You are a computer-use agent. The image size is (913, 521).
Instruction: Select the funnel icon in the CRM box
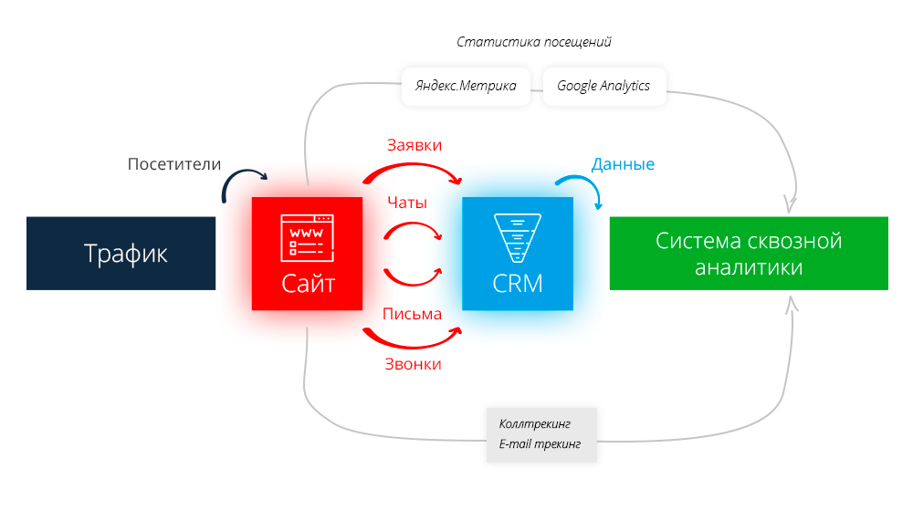[x=517, y=235]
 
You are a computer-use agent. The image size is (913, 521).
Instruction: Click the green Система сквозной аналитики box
[x=749, y=253]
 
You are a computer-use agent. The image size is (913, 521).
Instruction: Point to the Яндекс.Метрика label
[x=466, y=86]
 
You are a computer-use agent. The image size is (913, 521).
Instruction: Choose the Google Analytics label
[x=603, y=86]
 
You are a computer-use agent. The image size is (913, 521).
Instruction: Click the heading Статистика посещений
[x=534, y=42]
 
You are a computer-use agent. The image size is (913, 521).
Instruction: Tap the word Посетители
[x=174, y=164]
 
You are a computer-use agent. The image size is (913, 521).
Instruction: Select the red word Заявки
[x=414, y=145]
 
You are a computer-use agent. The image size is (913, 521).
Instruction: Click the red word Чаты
[x=407, y=203]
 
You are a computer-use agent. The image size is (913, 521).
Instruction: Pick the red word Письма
[x=413, y=314]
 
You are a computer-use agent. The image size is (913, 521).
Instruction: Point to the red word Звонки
[x=413, y=364]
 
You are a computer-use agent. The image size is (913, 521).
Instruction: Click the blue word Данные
[x=623, y=164]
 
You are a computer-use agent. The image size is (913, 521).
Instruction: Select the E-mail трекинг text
[x=540, y=445]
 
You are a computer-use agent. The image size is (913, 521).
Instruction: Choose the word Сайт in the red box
[x=308, y=283]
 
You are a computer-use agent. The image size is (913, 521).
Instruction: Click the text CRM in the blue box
[x=518, y=283]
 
